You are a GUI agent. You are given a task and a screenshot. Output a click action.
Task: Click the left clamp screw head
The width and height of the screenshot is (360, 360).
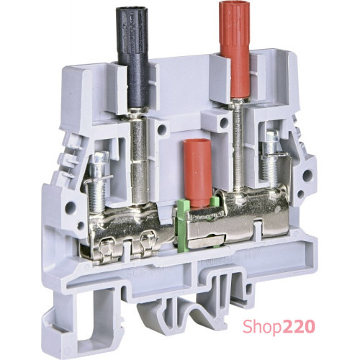(99, 157)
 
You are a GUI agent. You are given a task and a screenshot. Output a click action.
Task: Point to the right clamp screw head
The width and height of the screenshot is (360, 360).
(271, 136)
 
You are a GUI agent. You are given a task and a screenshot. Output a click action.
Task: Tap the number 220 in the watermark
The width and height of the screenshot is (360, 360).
(299, 325)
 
